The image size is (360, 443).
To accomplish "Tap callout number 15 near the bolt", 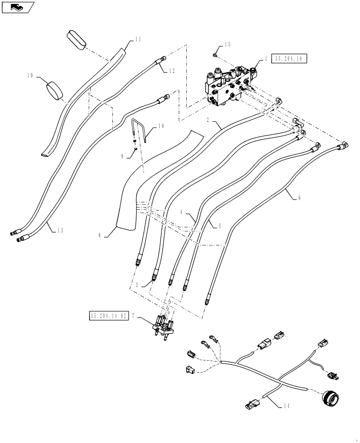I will [227, 45].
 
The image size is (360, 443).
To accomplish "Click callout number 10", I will [30, 76].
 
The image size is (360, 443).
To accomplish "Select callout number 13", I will [60, 230].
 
